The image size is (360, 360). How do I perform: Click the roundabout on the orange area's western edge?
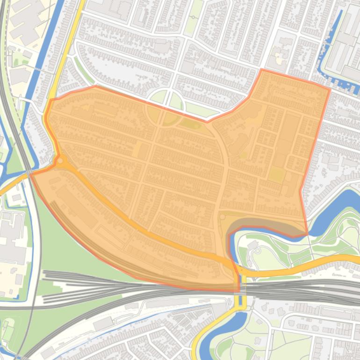pyautogui.click(x=60, y=161)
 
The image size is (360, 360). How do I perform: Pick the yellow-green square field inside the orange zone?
pyautogui.click(x=276, y=175)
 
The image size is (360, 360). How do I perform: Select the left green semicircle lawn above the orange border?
pyautogui.click(x=158, y=98)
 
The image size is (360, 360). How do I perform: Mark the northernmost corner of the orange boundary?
pyautogui.click(x=262, y=70)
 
